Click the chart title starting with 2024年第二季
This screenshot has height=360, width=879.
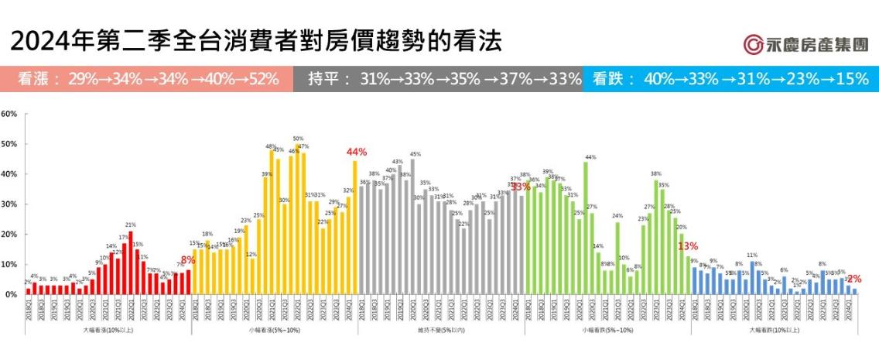pos(256,40)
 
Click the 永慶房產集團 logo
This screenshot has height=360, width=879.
pos(805,44)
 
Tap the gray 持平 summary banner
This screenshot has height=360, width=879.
pos(437,79)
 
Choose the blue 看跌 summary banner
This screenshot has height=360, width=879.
pos(730,79)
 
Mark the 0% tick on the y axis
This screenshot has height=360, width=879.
pos(11,295)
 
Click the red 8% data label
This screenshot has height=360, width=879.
pos(187,260)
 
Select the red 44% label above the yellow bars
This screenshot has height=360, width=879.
pos(357,152)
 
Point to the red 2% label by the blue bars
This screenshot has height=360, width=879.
pos(854,279)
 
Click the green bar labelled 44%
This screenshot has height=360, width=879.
pos(586,228)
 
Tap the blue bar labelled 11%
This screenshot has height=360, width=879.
pos(752,278)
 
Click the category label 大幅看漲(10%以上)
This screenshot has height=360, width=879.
pos(108,331)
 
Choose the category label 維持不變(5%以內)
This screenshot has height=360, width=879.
pos(441,331)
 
